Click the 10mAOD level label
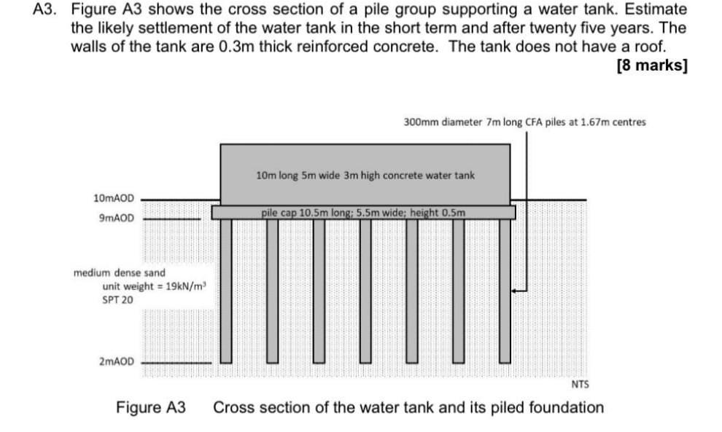[x=114, y=198]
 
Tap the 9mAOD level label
[x=116, y=217]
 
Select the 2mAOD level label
[x=116, y=361]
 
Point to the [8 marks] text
[x=651, y=65]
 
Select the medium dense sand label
[x=119, y=272]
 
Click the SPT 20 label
[x=117, y=299]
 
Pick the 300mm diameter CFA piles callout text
[x=524, y=122]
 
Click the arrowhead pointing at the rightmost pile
[x=515, y=290]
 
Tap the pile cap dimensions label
[x=362, y=213]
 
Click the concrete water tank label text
[x=365, y=176]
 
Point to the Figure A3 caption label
[x=151, y=407]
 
